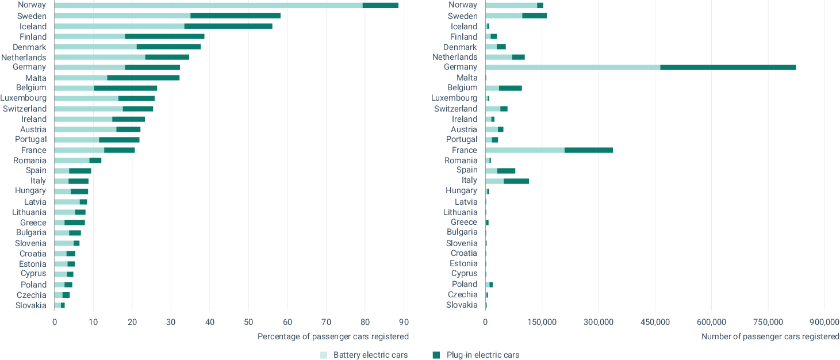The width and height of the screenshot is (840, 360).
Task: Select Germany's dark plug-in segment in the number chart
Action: coord(728,67)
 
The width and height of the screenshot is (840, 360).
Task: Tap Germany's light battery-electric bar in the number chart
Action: coord(573,67)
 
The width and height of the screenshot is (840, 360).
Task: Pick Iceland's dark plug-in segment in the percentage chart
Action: coord(228,26)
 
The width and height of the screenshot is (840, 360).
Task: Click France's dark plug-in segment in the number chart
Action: coord(589,150)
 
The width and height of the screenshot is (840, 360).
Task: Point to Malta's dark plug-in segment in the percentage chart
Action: coord(143,78)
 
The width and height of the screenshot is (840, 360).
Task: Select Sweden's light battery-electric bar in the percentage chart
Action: coord(122,16)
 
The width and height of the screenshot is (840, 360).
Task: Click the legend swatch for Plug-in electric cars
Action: coord(436,355)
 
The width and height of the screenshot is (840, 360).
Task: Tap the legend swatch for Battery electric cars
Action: coord(323,355)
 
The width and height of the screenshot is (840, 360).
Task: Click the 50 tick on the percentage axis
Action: coord(248,322)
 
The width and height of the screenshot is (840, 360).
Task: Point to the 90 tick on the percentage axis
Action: coord(404,322)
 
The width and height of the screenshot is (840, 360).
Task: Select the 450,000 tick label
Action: coord(655,322)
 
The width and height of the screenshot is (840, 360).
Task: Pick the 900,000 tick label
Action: coord(824,322)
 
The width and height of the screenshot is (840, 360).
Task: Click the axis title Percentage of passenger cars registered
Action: coord(333,337)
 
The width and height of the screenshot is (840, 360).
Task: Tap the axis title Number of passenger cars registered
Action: coord(770,337)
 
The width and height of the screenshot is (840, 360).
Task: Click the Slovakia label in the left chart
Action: coord(31,305)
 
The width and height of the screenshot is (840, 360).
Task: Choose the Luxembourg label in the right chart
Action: coord(454,98)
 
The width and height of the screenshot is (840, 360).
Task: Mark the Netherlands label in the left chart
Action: coord(24,57)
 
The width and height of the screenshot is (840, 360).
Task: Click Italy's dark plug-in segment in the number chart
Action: coord(516,181)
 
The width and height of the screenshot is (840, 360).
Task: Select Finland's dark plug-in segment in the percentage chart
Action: coord(164,36)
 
